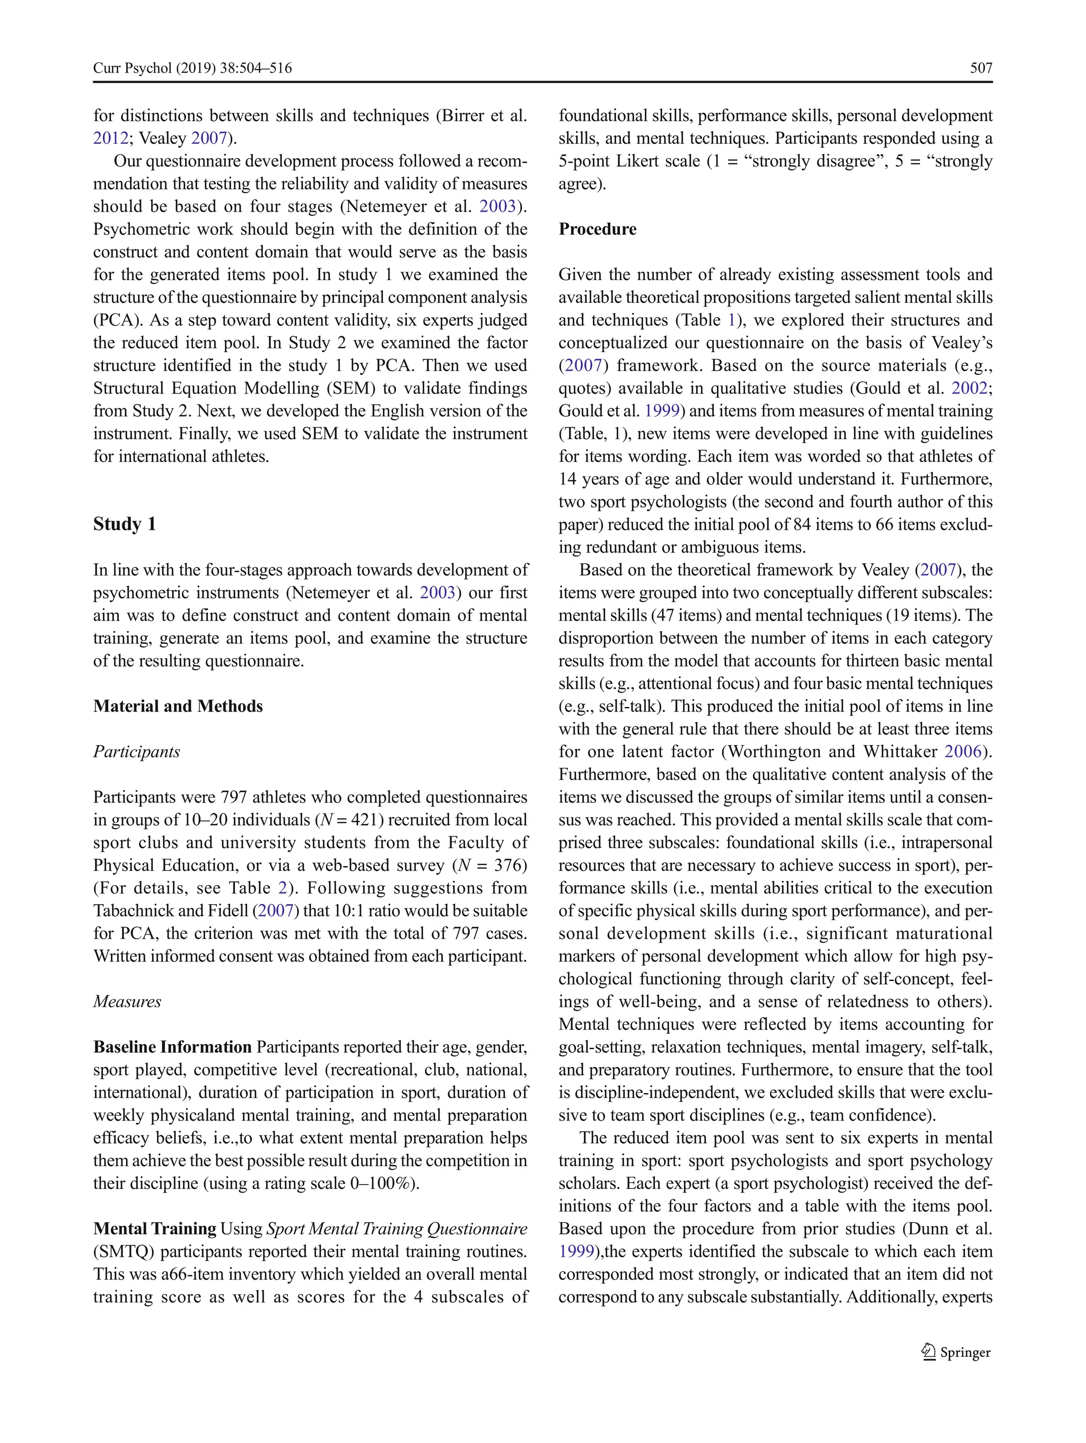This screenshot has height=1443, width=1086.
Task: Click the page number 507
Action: click(980, 68)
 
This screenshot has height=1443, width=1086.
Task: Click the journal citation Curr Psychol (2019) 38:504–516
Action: click(192, 68)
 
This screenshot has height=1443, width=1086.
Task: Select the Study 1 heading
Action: click(125, 524)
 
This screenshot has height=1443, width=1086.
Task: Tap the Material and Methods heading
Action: click(178, 706)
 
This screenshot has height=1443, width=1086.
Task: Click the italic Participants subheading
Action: click(136, 751)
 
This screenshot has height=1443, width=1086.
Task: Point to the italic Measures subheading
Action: click(127, 1001)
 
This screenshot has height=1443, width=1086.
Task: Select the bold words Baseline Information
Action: click(172, 1047)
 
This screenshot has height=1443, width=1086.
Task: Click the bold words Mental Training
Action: click(155, 1228)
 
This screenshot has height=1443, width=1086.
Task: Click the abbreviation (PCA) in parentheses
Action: click(116, 320)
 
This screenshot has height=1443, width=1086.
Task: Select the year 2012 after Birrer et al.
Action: click(110, 138)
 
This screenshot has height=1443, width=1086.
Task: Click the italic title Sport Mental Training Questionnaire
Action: click(397, 1228)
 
